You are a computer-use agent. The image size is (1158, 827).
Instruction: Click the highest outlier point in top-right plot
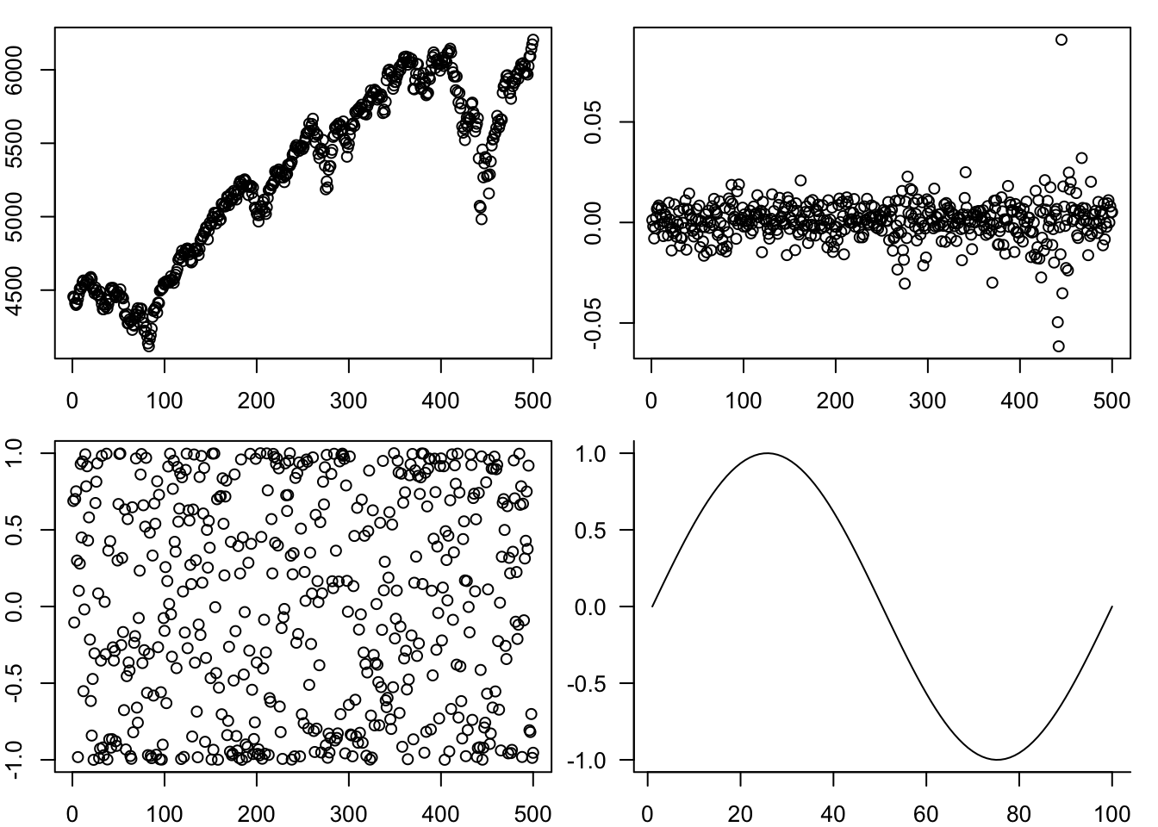pos(1061,40)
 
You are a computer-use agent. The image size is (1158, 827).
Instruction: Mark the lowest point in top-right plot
pos(1058,346)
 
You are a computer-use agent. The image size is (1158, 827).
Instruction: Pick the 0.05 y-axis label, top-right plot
pos(591,121)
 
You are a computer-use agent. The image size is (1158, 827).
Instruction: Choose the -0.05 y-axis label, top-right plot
pos(591,323)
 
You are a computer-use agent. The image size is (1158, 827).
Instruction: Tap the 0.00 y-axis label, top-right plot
pos(591,222)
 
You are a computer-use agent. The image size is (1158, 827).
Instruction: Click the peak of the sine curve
pos(766,453)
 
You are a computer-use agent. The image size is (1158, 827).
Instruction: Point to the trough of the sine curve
pos(998,759)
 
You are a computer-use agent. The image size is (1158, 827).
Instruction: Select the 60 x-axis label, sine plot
pos(926,811)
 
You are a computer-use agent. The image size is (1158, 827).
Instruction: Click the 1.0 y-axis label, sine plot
pos(590,453)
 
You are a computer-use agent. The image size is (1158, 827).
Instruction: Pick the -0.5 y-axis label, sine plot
pos(588,683)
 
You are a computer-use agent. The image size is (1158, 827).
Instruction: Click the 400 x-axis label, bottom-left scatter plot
pos(440,811)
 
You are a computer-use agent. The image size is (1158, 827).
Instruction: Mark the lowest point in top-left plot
pos(148,346)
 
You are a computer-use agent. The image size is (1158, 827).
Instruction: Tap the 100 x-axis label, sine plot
pos(1111,811)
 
